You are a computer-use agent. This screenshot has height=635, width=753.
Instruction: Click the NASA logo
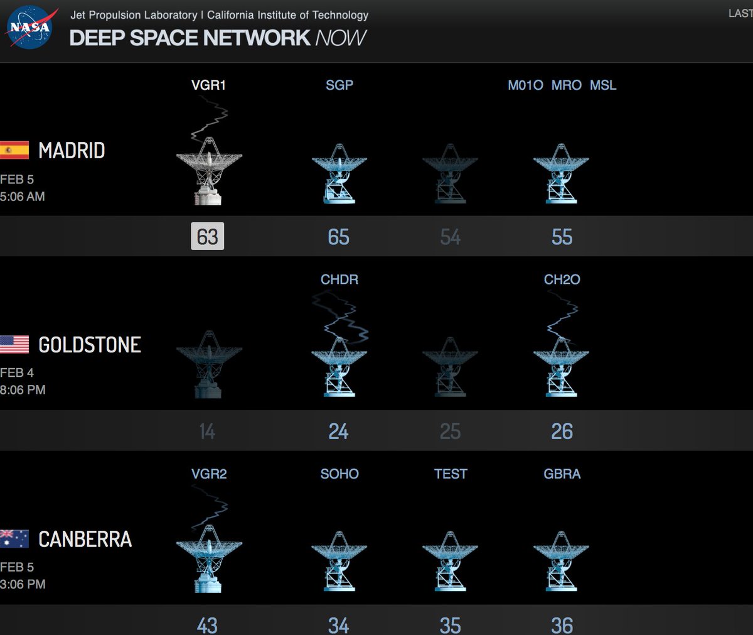29,28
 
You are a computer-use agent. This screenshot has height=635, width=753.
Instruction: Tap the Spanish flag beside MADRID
14,150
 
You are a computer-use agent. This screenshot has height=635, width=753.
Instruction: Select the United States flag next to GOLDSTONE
14,344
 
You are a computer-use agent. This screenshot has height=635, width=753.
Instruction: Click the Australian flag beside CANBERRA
14,539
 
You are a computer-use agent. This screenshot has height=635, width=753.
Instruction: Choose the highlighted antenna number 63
207,237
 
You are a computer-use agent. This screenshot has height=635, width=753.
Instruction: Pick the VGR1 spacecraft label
208,85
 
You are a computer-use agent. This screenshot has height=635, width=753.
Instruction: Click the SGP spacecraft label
339,85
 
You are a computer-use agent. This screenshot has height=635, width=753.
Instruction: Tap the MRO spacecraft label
566,85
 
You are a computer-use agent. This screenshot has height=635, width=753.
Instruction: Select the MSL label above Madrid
603,85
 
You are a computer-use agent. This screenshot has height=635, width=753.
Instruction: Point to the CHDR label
339,280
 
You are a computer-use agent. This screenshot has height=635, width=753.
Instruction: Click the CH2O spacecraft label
562,280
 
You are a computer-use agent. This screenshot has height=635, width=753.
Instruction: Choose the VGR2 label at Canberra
209,474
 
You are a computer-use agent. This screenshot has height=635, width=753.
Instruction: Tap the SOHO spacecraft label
339,474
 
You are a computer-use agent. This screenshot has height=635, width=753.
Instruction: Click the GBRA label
562,474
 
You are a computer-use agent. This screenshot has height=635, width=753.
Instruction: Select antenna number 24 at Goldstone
338,431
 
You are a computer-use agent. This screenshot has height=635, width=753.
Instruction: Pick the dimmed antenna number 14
207,431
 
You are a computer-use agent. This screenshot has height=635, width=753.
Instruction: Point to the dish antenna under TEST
450,562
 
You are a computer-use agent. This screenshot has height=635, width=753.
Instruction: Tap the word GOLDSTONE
90,345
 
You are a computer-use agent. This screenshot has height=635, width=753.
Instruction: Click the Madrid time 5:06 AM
23,197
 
